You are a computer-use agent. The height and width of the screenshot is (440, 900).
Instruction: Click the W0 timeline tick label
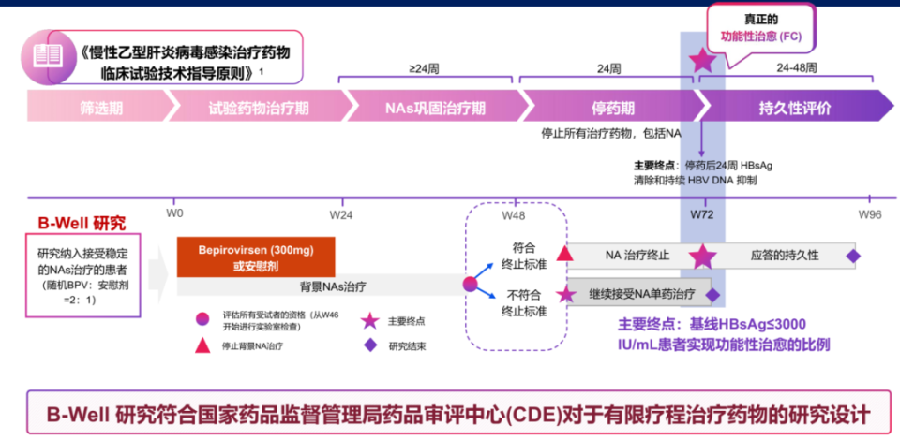(x=174, y=214)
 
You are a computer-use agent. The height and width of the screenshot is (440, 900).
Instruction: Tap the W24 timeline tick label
(x=341, y=214)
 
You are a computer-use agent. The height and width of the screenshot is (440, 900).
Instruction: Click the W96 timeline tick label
(x=870, y=214)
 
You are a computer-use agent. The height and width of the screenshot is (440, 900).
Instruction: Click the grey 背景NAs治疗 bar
(x=324, y=285)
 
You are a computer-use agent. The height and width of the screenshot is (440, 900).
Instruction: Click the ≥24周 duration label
(x=425, y=68)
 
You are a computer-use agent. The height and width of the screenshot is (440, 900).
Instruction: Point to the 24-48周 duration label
(x=797, y=68)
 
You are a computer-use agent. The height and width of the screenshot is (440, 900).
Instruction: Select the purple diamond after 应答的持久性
(x=852, y=255)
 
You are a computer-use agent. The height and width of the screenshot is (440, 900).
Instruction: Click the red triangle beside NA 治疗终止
(x=564, y=254)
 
